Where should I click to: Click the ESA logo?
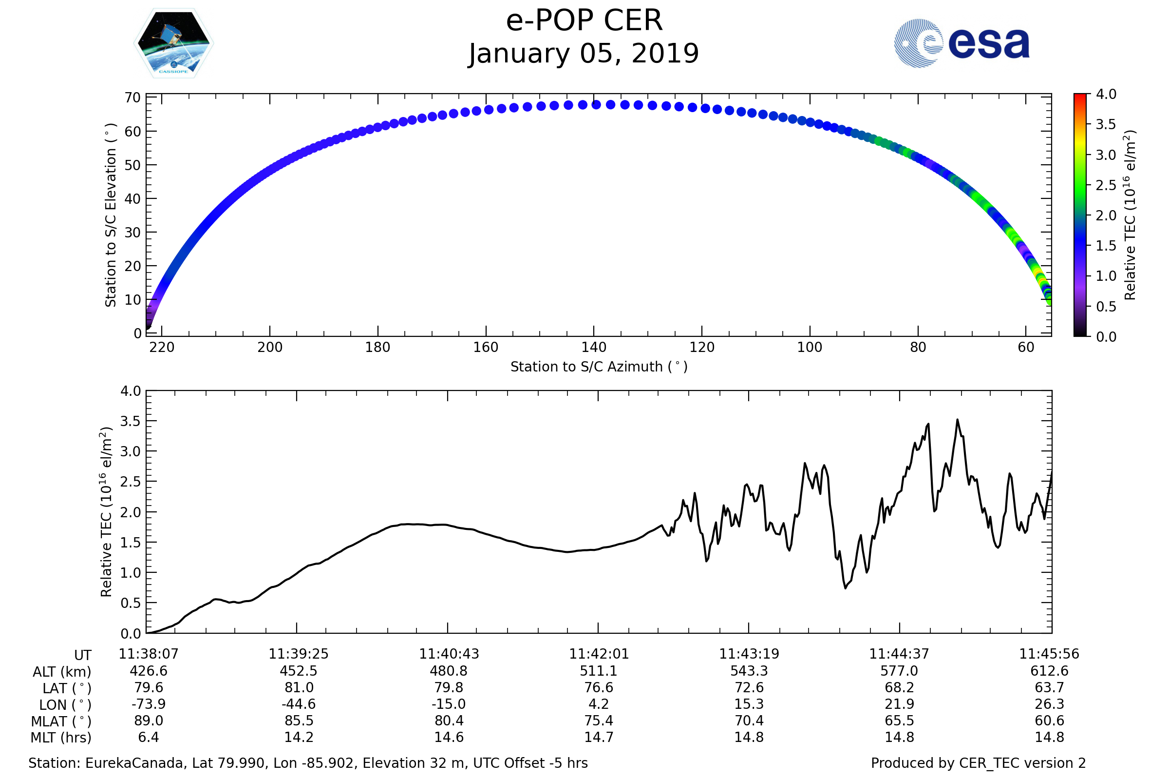(962, 43)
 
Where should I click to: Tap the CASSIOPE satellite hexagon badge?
(173, 43)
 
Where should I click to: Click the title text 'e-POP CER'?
(584, 21)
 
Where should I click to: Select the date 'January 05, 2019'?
(584, 54)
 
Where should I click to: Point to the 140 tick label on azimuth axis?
(594, 347)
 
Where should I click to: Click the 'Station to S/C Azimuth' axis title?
(599, 367)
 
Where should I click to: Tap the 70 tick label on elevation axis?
(132, 98)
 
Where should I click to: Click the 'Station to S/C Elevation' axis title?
(111, 215)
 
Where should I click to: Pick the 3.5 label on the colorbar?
(1106, 124)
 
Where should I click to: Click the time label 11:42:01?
(599, 654)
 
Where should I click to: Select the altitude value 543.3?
(749, 671)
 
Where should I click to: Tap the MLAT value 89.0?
(149, 721)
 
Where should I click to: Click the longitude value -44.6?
(299, 704)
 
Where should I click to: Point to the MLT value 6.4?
(149, 737)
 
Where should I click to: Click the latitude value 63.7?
(1049, 687)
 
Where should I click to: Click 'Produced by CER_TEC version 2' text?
(978, 763)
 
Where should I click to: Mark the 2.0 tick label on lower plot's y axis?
(131, 512)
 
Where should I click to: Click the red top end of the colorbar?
(1079, 96)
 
